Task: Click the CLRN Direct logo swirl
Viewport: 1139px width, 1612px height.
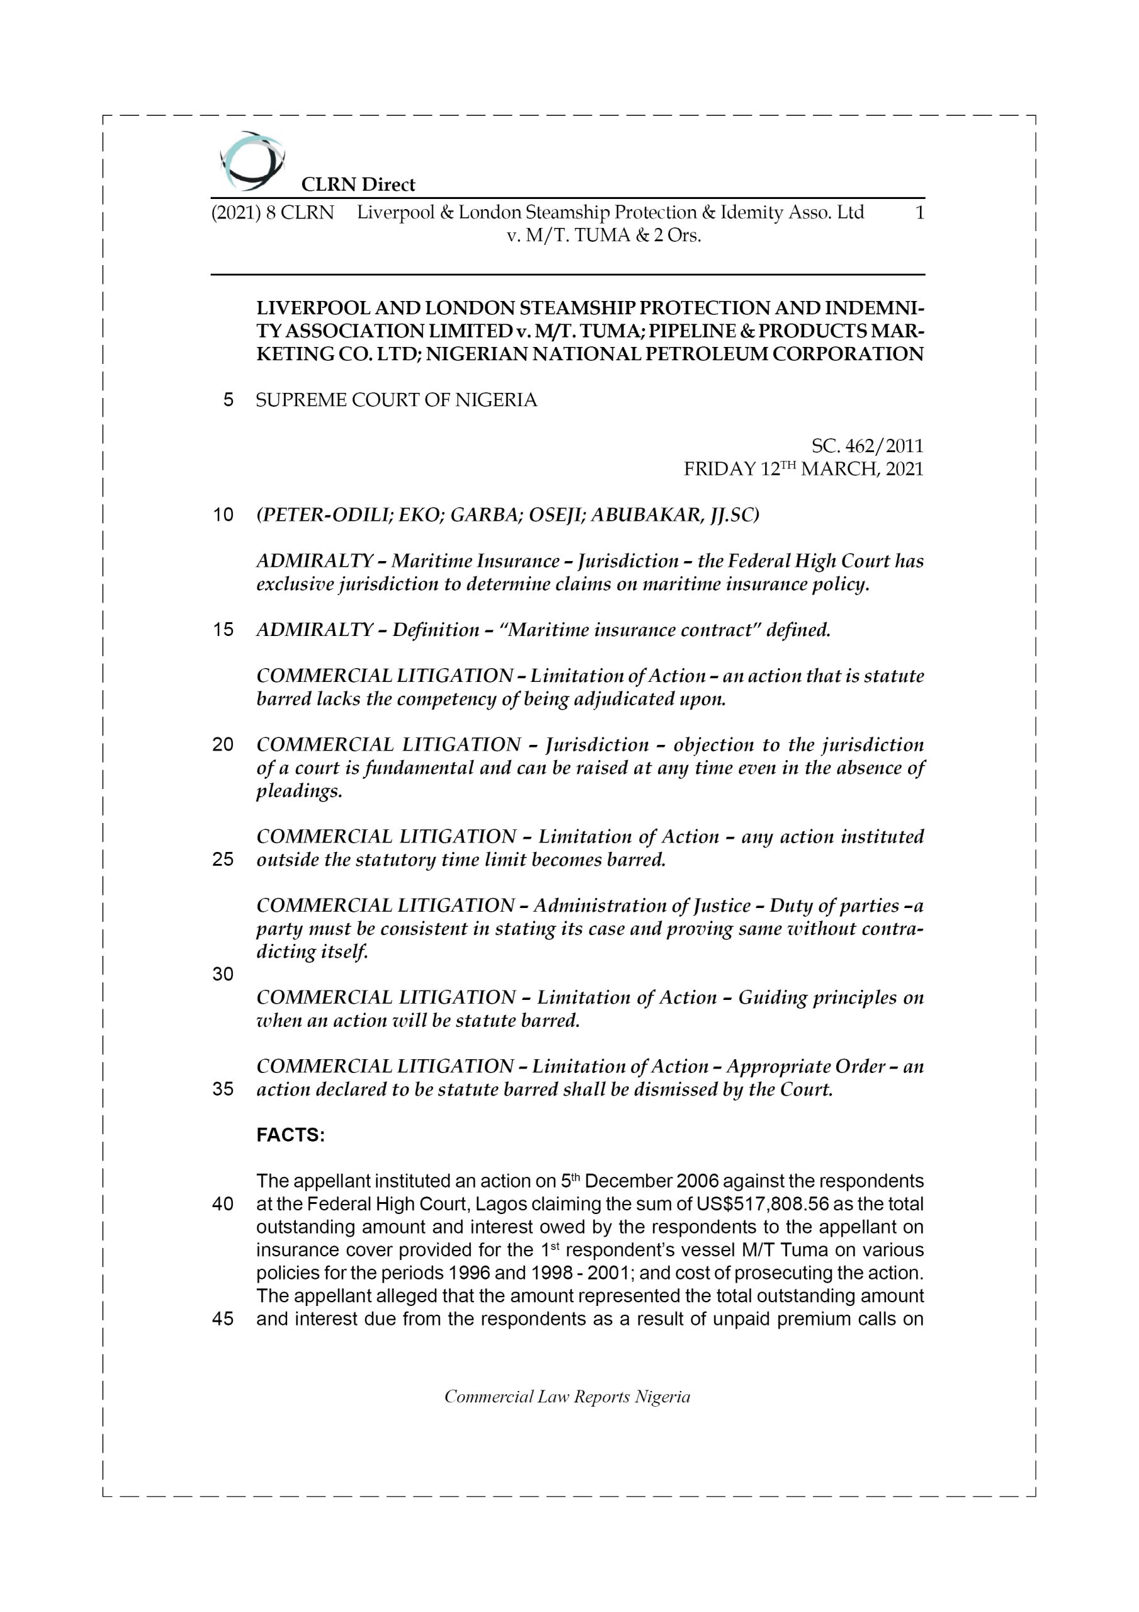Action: click(252, 161)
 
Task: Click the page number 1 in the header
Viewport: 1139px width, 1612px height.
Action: click(919, 212)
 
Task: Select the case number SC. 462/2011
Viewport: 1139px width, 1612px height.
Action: click(867, 446)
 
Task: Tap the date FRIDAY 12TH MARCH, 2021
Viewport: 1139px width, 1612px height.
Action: click(804, 469)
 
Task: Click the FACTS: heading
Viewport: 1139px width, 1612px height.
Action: click(291, 1135)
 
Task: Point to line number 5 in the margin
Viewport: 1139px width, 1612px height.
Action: click(228, 400)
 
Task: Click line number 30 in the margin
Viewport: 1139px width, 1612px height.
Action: click(223, 973)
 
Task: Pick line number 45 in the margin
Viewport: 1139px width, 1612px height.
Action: click(223, 1319)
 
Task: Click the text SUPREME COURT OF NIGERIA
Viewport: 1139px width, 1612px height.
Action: click(396, 400)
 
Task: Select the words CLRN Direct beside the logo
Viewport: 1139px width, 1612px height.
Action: click(358, 184)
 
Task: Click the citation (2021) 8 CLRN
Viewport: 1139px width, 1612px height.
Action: click(272, 212)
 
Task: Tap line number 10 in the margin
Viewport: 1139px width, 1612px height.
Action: click(223, 515)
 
